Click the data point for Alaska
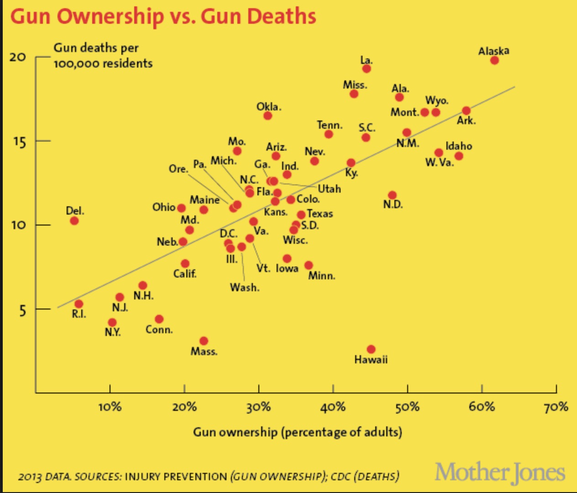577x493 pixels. pyautogui.click(x=494, y=60)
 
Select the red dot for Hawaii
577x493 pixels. pyautogui.click(x=371, y=349)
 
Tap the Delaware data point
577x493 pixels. pyautogui.click(x=74, y=221)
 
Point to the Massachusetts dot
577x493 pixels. pyautogui.click(x=204, y=341)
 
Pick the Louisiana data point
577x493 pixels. pyautogui.click(x=367, y=68)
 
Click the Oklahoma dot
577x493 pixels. pyautogui.click(x=268, y=115)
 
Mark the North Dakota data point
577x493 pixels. pyautogui.click(x=392, y=195)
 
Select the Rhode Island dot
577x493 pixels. pyautogui.click(x=79, y=304)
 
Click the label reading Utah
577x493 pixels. pyautogui.click(x=329, y=189)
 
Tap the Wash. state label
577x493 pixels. pyautogui.click(x=245, y=288)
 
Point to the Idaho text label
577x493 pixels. pyautogui.click(x=459, y=146)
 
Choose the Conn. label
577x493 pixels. pyautogui.click(x=159, y=330)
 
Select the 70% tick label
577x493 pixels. pyautogui.click(x=556, y=407)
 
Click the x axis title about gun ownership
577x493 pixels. pyautogui.click(x=297, y=432)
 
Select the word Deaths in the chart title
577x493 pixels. pyautogui.click(x=282, y=16)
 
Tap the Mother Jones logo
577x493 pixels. pyautogui.click(x=500, y=472)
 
